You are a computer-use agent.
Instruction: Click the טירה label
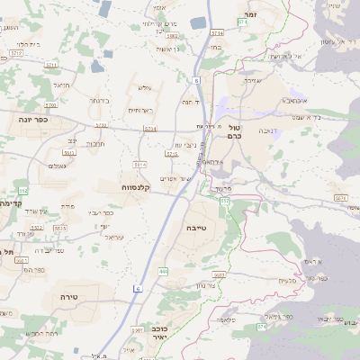[x=71, y=295]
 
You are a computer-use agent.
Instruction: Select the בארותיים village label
[x=139, y=110]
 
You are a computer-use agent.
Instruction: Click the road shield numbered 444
[x=163, y=271]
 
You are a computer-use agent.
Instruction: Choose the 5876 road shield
[x=340, y=197]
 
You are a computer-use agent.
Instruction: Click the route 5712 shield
[x=16, y=53]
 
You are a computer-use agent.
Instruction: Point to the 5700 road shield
[x=102, y=126]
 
